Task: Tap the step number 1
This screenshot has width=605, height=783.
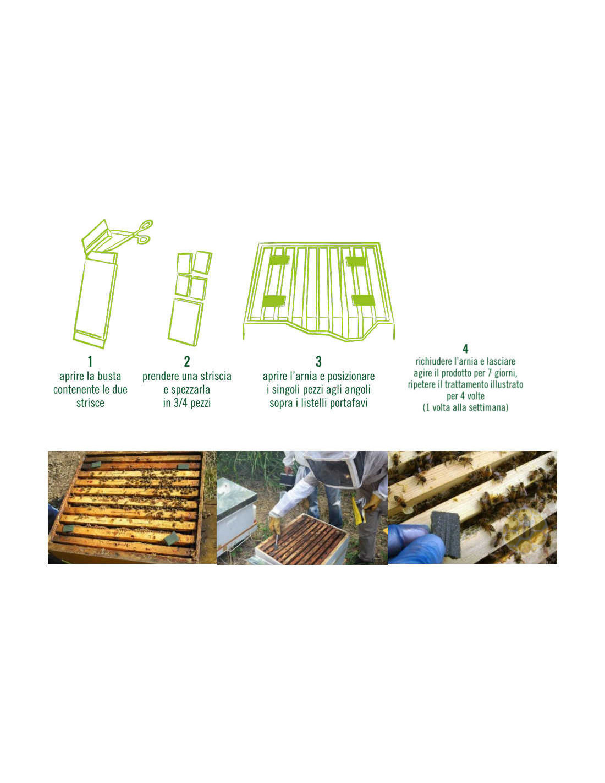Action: (x=90, y=361)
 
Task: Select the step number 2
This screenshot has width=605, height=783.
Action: (x=187, y=361)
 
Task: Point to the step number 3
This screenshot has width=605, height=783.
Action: (x=318, y=361)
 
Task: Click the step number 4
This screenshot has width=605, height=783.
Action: (x=465, y=349)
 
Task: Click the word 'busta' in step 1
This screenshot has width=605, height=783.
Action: (x=108, y=377)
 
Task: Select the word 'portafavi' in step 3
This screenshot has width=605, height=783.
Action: (x=348, y=403)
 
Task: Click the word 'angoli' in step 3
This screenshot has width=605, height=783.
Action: (x=358, y=390)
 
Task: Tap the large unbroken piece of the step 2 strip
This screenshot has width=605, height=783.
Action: (x=185, y=322)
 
